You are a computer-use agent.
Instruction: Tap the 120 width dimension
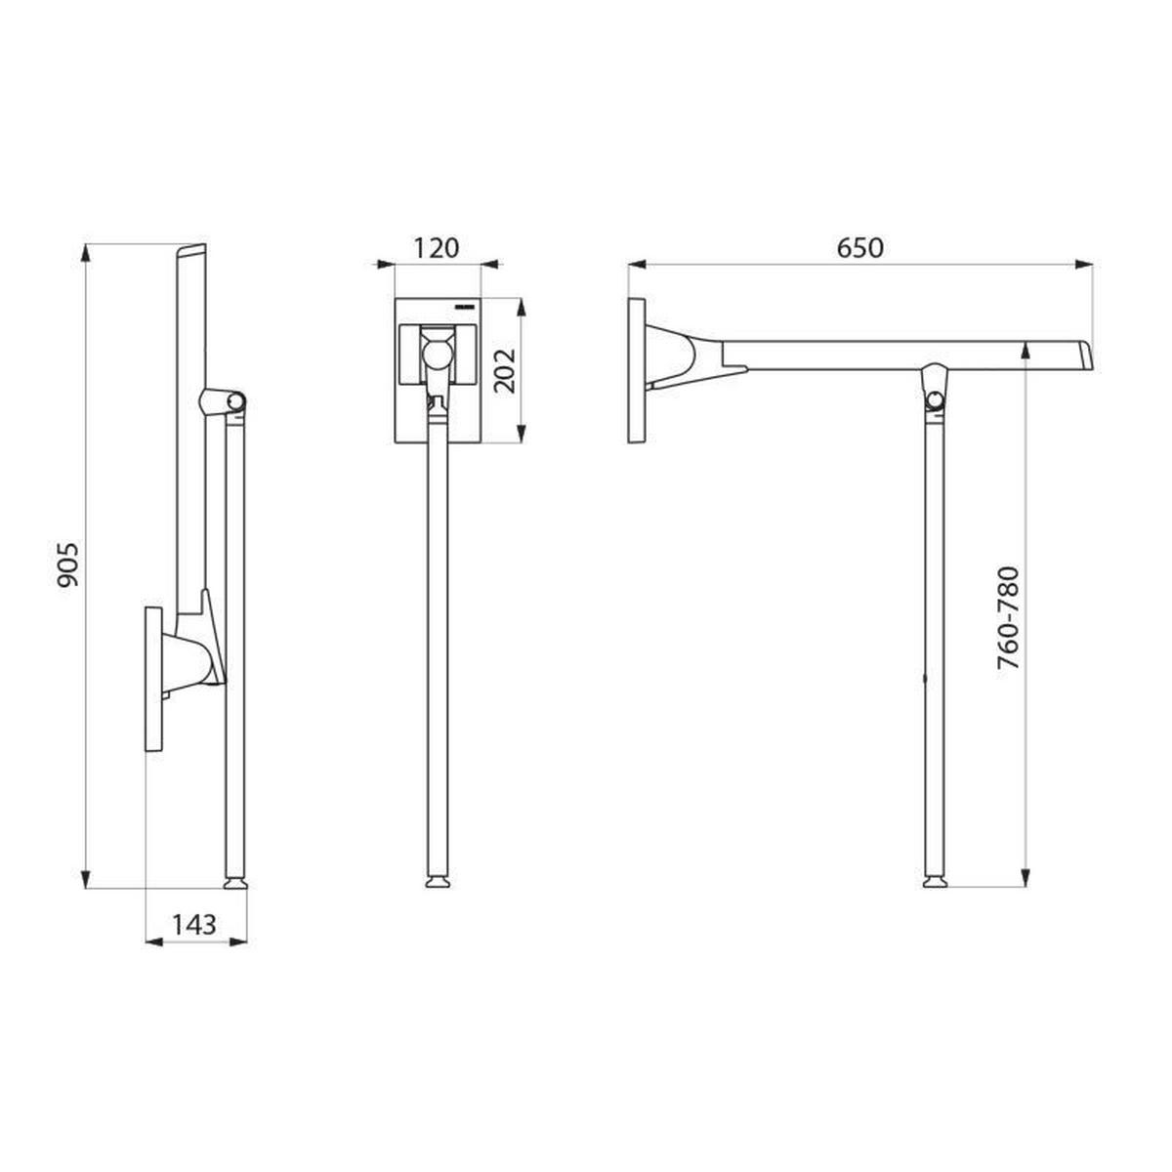pyautogui.click(x=436, y=248)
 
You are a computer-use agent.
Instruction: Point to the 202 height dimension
pyautogui.click(x=504, y=369)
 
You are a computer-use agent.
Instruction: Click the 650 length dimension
pyautogui.click(x=859, y=248)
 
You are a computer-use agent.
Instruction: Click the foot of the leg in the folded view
pyautogui.click(x=235, y=883)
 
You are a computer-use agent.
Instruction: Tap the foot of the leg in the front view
pyautogui.click(x=438, y=883)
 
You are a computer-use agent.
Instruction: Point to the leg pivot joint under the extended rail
pyautogui.click(x=936, y=396)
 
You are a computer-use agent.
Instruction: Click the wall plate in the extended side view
pyautogui.click(x=637, y=371)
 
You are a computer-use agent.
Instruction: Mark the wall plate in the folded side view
pyautogui.click(x=154, y=679)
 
